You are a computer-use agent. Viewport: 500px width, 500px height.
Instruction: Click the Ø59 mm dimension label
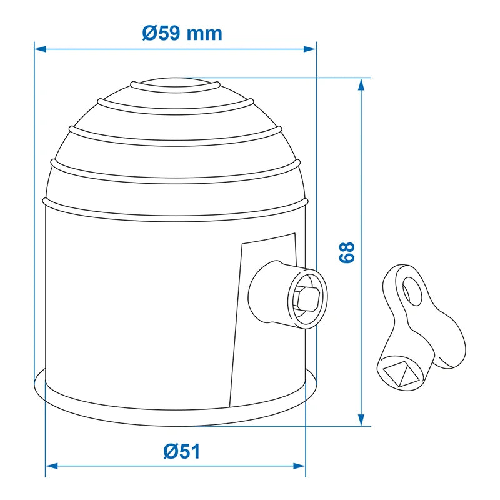pos(182,33)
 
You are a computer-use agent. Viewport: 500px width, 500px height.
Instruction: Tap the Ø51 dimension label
pos(182,451)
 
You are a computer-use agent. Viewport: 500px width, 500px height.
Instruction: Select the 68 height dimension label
pos(347,252)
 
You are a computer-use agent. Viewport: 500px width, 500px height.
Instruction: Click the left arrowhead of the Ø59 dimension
pos(40,49)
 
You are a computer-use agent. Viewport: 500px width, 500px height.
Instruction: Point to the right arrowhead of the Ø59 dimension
pos(309,49)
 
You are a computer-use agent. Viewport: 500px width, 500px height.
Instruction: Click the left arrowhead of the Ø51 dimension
pos(52,466)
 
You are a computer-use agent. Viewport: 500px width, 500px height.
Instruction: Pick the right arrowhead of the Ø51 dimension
pos(299,466)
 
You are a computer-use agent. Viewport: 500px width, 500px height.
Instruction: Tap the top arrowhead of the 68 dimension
pos(361,84)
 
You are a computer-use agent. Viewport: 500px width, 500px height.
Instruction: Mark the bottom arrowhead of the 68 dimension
pos(361,419)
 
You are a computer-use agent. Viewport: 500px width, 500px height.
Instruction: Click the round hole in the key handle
pos(412,291)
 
